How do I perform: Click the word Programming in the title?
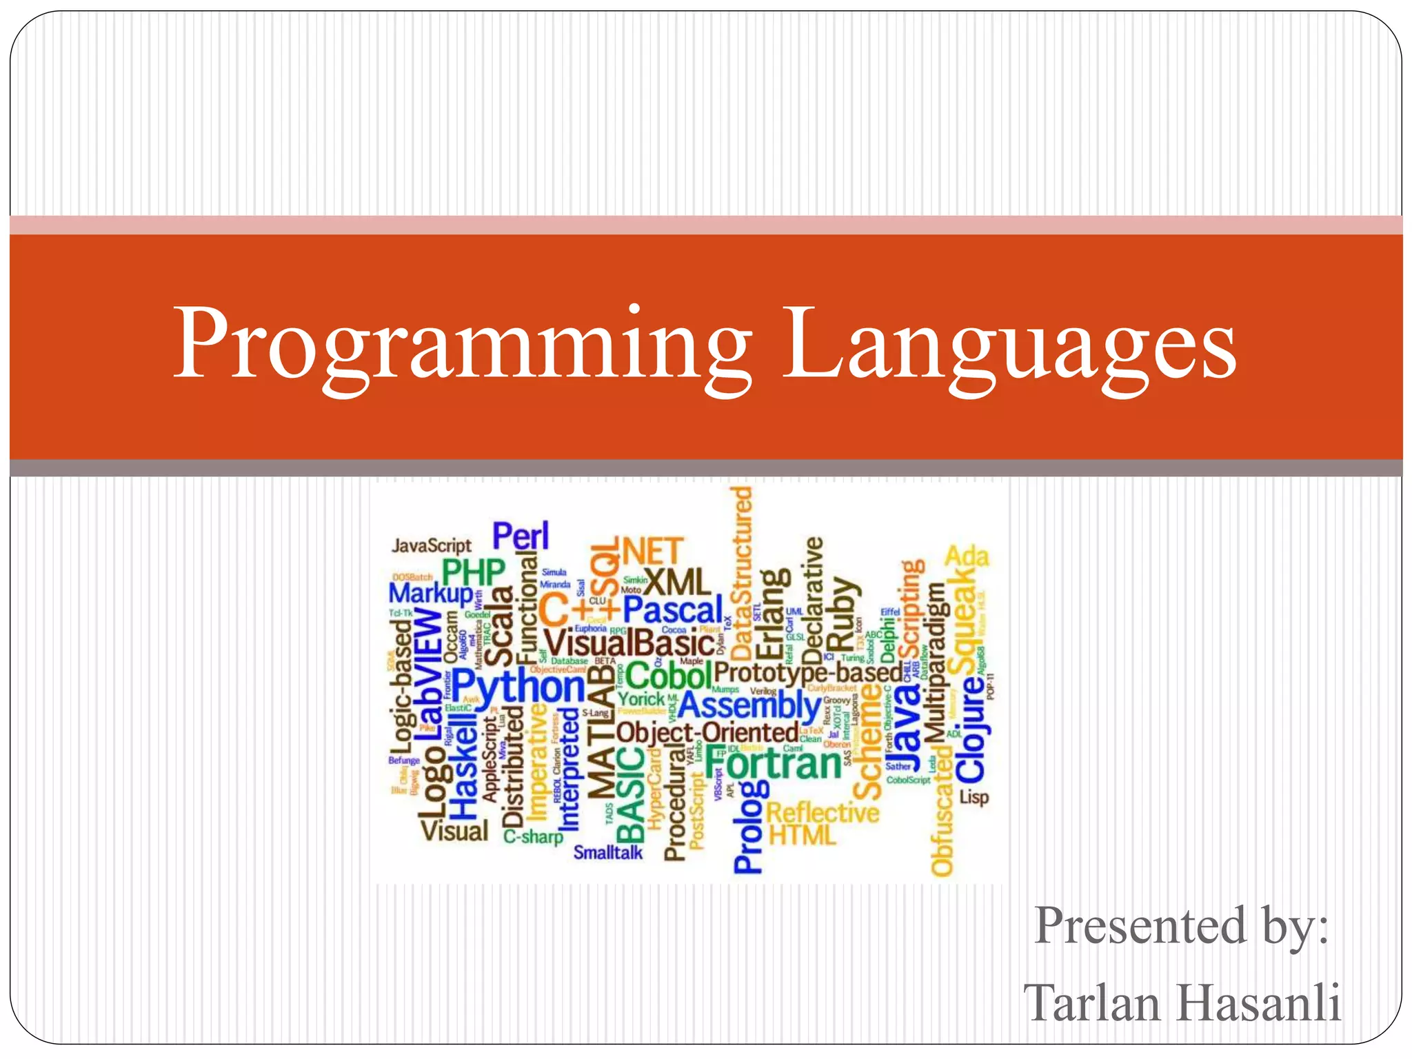click(462, 345)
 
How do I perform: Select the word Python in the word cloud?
click(518, 687)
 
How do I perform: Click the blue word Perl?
click(521, 536)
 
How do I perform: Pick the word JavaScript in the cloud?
click(432, 545)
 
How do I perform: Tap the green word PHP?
click(474, 572)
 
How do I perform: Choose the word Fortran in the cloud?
click(772, 764)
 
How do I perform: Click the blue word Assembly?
click(749, 705)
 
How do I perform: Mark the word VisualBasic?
click(629, 643)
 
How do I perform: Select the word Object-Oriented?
click(707, 732)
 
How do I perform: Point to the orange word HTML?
click(802, 836)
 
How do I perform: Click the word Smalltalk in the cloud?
click(607, 852)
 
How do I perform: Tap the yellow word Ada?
click(967, 556)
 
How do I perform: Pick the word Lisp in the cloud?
click(974, 797)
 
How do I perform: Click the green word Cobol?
click(668, 674)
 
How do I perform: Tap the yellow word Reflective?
click(823, 812)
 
